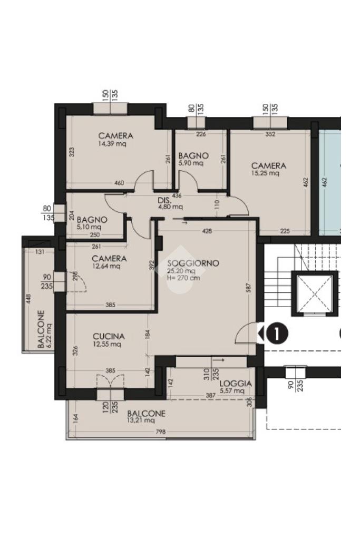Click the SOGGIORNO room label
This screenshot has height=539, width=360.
pos(193,263)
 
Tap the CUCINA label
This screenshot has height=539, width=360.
pos(109,337)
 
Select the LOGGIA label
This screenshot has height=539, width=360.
pos(236,384)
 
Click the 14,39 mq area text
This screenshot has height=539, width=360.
pos(112,144)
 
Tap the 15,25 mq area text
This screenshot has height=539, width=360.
pos(266,173)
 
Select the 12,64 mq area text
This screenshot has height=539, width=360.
pos(106,266)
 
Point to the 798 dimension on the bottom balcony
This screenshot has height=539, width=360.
pos(161,432)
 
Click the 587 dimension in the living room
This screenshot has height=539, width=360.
pos(249,288)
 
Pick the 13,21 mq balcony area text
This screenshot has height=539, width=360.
pos(141,420)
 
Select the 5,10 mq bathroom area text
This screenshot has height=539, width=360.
pos(89,227)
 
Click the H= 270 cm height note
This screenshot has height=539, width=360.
pos(183,278)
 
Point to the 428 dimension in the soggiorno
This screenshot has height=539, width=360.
pos(207,231)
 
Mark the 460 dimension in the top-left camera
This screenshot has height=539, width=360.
pos(119,183)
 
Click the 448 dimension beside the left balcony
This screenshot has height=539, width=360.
pos(28,299)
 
